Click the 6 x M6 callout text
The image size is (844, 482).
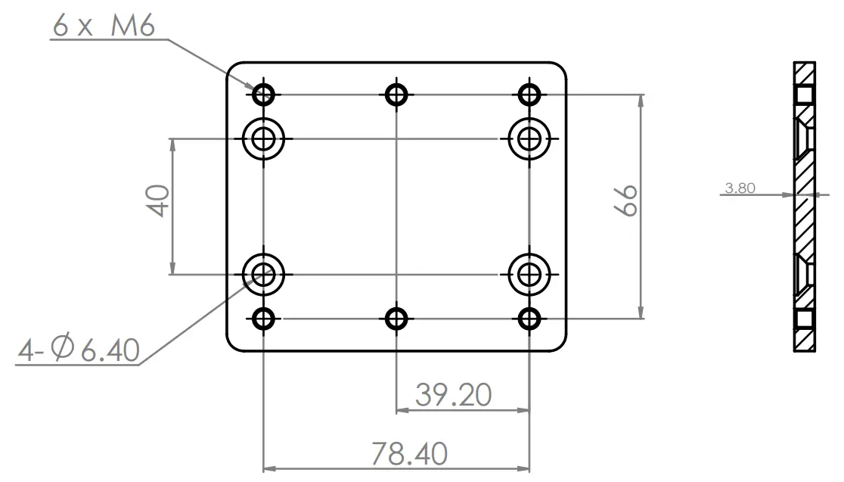104,26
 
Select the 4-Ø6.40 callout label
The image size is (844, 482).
79,351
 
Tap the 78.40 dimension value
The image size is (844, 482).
408,454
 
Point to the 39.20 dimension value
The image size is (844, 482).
453,394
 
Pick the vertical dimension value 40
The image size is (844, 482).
159,202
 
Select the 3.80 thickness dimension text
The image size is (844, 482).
739,188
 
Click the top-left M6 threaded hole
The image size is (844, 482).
263,95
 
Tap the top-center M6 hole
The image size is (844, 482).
396,95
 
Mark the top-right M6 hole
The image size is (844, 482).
529,95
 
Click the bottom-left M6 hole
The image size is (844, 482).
263,319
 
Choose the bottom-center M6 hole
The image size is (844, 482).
396,319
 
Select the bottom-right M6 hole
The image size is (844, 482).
529,319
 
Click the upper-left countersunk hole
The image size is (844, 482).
263,138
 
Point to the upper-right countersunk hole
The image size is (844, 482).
529,138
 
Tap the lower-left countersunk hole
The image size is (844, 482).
263,273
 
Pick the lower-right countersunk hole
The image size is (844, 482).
529,273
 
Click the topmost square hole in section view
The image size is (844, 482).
804,94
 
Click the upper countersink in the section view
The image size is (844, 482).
804,138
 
